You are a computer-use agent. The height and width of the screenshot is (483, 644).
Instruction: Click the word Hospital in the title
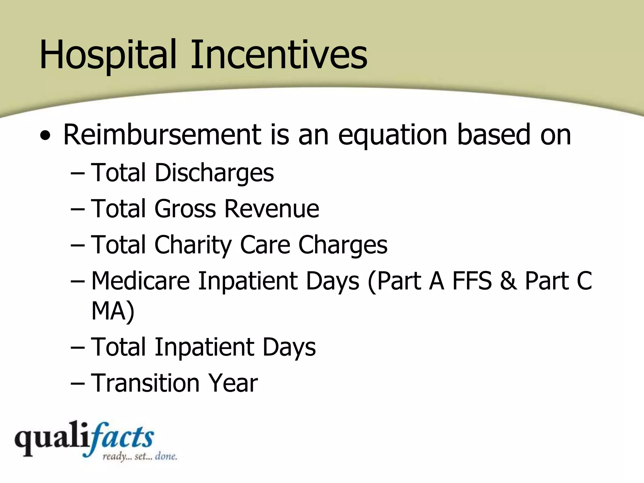(107, 55)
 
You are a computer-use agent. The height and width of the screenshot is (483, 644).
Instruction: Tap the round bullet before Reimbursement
(45, 136)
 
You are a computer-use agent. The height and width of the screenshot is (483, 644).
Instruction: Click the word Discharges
(214, 173)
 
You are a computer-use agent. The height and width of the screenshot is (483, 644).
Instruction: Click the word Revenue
(272, 209)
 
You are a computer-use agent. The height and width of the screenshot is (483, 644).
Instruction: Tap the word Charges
(343, 245)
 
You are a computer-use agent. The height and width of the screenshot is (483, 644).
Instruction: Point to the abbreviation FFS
(472, 281)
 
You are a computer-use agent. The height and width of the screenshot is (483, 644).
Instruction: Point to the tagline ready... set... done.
(140, 456)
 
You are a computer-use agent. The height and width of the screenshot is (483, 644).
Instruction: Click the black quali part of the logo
(50, 439)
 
